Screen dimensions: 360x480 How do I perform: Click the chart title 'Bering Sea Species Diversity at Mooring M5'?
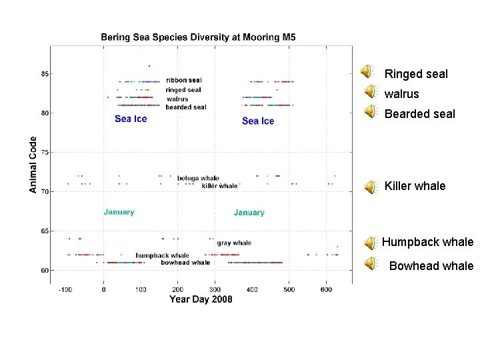(198, 37)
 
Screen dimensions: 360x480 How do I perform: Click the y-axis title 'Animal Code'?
(33, 165)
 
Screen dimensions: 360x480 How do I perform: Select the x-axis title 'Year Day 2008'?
(201, 299)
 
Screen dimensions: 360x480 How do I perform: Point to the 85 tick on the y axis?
(45, 74)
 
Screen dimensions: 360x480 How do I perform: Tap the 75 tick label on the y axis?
(45, 153)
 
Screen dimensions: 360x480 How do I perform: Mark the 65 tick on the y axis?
(45, 231)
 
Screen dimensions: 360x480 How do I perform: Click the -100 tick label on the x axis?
(65, 290)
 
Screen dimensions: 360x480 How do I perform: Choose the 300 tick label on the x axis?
(215, 290)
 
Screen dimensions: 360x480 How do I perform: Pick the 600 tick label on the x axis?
(326, 290)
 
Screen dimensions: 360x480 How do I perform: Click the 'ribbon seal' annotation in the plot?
(184, 81)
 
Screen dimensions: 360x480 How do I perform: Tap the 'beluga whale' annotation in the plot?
(198, 178)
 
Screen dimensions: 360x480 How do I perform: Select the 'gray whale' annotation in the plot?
(234, 243)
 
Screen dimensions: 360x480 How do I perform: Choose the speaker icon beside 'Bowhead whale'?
(370, 264)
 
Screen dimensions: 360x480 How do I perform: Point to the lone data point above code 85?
(149, 65)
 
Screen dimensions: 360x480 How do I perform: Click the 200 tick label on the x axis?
(177, 290)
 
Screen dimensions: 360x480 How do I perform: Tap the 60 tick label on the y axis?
(45, 271)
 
